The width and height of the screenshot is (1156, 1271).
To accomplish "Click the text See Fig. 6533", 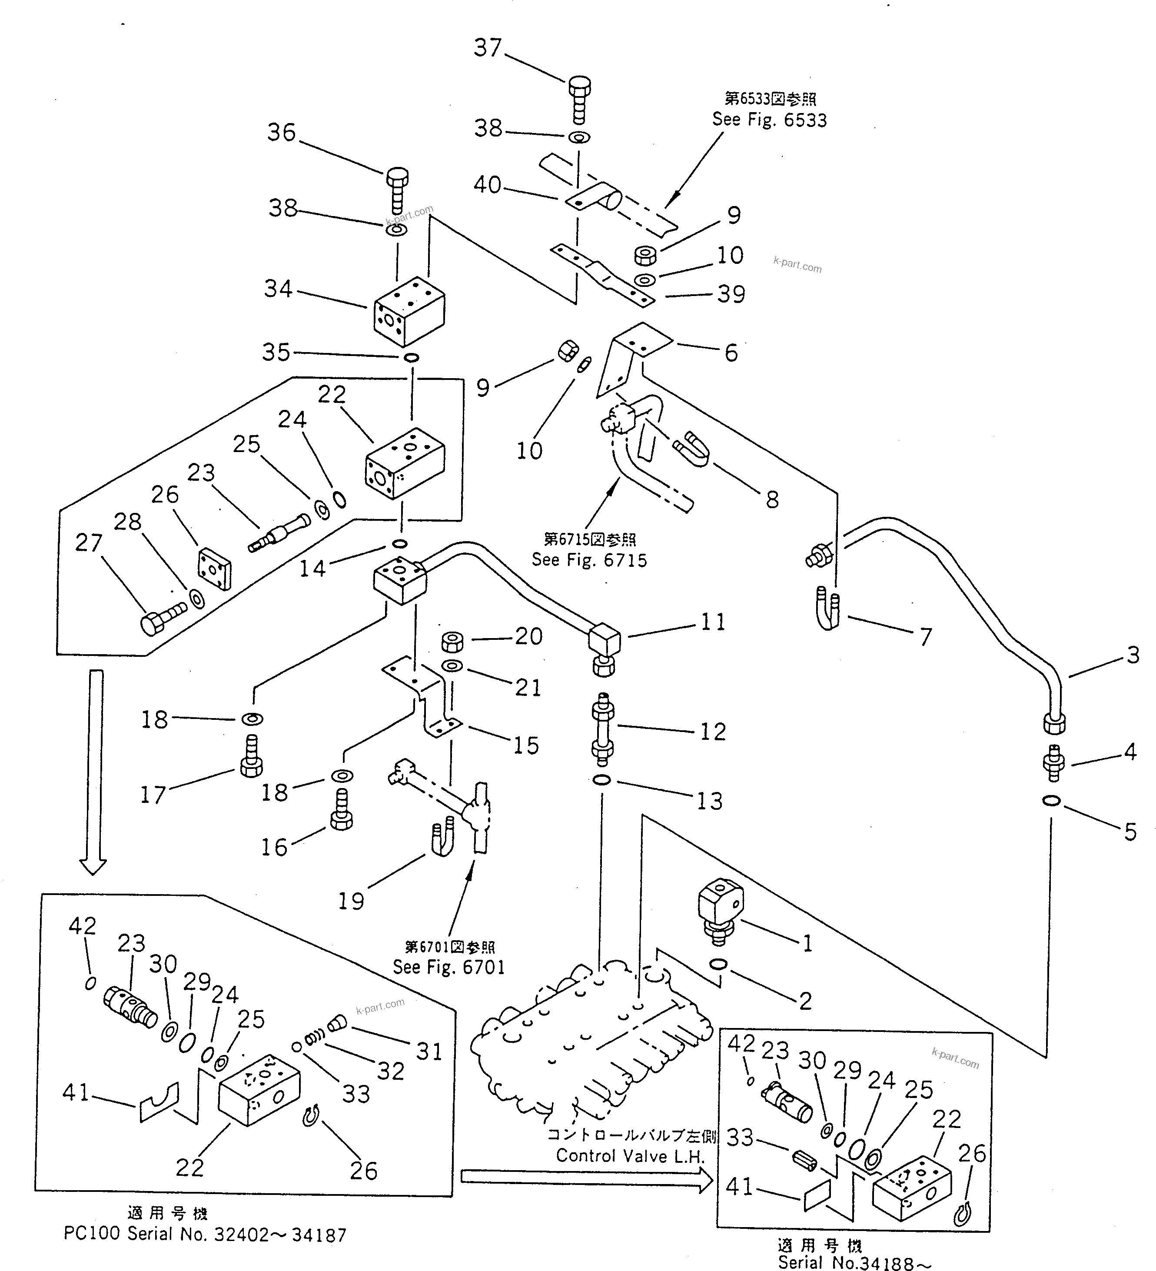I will pyautogui.click(x=769, y=120).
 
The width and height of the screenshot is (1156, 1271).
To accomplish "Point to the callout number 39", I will pyautogui.click(x=731, y=294).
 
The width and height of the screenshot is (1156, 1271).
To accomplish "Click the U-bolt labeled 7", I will pyautogui.click(x=827, y=609).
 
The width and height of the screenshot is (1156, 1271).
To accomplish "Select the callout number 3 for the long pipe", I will pyautogui.click(x=1133, y=655).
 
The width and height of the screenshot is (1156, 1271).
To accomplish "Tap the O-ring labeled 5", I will pyautogui.click(x=1051, y=801).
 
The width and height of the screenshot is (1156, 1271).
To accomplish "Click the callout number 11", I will pyautogui.click(x=713, y=622).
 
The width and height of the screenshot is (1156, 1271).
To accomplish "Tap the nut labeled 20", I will pyautogui.click(x=452, y=641).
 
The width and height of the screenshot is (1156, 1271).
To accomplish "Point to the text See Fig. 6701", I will pyautogui.click(x=449, y=967).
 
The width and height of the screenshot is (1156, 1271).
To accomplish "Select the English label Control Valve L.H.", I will pyautogui.click(x=630, y=1156).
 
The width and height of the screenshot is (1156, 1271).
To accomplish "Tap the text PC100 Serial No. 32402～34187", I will pyautogui.click(x=205, y=1234).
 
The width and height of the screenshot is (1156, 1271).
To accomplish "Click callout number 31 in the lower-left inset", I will pyautogui.click(x=429, y=1051).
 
